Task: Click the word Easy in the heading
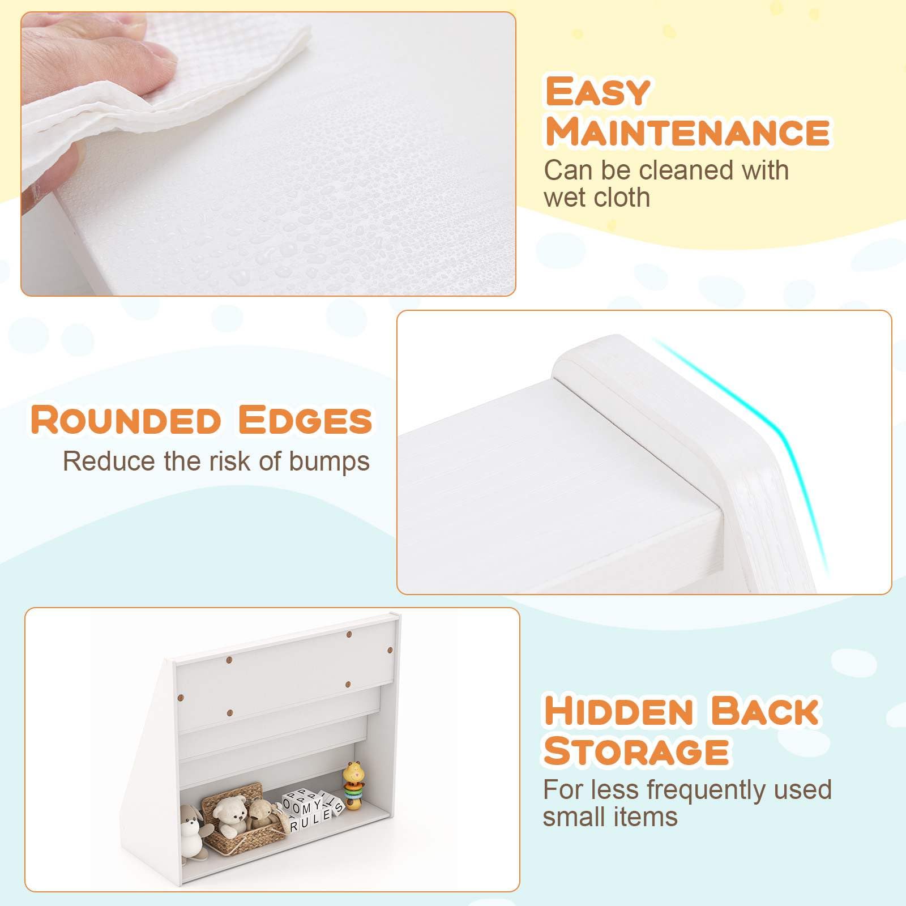(x=597, y=92)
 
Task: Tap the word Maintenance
(x=687, y=131)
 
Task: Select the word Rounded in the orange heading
(x=125, y=420)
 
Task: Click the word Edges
(x=305, y=420)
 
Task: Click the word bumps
(x=330, y=462)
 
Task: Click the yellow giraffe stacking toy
(x=354, y=785)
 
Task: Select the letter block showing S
(x=338, y=808)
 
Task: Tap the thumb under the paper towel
(x=54, y=170)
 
